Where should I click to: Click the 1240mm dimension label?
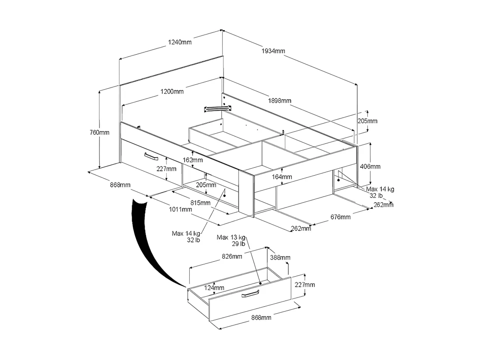tap(180, 42)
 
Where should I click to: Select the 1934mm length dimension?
tap(273, 51)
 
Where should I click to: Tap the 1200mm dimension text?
tap(172, 91)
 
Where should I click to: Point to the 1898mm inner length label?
tap(279, 100)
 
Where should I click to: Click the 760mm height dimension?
tap(99, 132)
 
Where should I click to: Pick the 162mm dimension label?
tap(193, 160)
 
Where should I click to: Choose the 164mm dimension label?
tap(282, 177)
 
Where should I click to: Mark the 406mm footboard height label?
tap(370, 166)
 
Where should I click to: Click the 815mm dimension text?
tap(200, 203)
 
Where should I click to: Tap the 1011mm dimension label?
tap(181, 210)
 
